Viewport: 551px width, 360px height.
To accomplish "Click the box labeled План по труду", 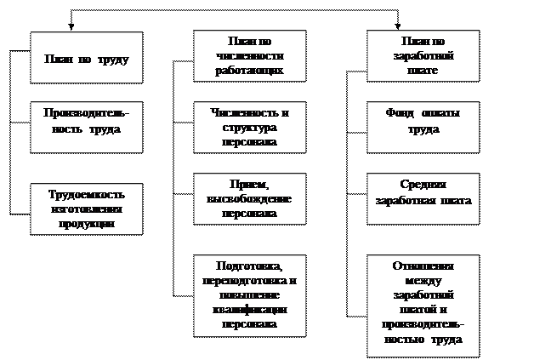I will click(x=86, y=58).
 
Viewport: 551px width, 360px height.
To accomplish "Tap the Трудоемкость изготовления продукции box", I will click(x=86, y=209).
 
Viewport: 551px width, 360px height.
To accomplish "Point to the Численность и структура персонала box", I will click(x=249, y=127).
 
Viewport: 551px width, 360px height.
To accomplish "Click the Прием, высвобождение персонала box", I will click(x=249, y=198).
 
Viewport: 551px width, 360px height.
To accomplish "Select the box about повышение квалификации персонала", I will click(x=249, y=294).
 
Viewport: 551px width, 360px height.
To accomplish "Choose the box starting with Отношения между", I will click(x=423, y=305).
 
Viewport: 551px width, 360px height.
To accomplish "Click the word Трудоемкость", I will click(x=86, y=195).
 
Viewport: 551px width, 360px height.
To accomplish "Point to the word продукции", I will click(x=86, y=224).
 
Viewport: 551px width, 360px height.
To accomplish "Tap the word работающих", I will click(x=249, y=71).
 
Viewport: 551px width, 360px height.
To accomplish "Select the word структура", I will click(x=249, y=128).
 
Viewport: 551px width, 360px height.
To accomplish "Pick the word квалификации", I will click(x=249, y=309).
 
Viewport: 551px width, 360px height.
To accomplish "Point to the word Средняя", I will click(x=423, y=185).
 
